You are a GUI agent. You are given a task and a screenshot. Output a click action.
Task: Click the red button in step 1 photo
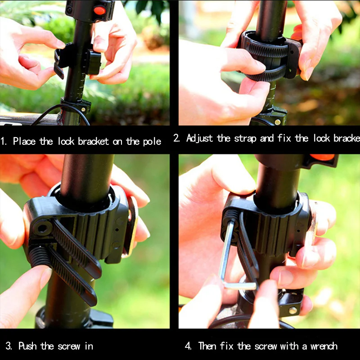[x=99, y=10]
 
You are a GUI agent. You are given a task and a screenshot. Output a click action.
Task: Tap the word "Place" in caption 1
[x=24, y=141]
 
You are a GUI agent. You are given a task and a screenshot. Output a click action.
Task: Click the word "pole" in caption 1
[x=152, y=142]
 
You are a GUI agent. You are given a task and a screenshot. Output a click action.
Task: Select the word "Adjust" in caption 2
[x=199, y=138]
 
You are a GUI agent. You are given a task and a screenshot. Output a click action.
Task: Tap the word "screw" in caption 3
[x=69, y=346]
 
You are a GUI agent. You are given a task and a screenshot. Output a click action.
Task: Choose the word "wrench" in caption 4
[x=324, y=346]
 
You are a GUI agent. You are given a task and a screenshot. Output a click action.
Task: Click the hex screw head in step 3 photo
[x=42, y=228]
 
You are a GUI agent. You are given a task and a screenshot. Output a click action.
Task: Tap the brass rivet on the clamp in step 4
[x=293, y=310]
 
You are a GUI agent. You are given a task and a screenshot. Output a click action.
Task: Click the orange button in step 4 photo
[x=322, y=157]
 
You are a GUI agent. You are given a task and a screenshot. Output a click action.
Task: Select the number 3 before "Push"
[x=9, y=346]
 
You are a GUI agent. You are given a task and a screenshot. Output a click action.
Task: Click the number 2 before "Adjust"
[x=176, y=138]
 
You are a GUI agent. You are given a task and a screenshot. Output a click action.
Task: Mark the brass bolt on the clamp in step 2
[x=278, y=121]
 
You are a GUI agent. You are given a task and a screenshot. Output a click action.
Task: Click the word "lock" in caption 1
[x=66, y=141]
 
